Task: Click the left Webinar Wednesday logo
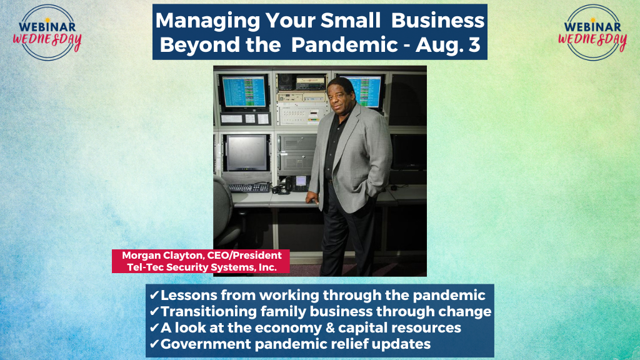tap(47, 32)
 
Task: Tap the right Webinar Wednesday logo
tap(592, 32)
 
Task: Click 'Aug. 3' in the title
tap(447, 44)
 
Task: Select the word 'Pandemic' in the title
tap(344, 44)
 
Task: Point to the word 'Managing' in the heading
tap(207, 21)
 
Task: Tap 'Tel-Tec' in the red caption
tap(144, 267)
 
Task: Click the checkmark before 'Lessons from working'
tap(154, 295)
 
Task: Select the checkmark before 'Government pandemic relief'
tap(154, 344)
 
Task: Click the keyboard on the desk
tap(249, 187)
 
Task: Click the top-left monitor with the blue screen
tap(244, 92)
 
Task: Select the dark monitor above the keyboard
tap(246, 152)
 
